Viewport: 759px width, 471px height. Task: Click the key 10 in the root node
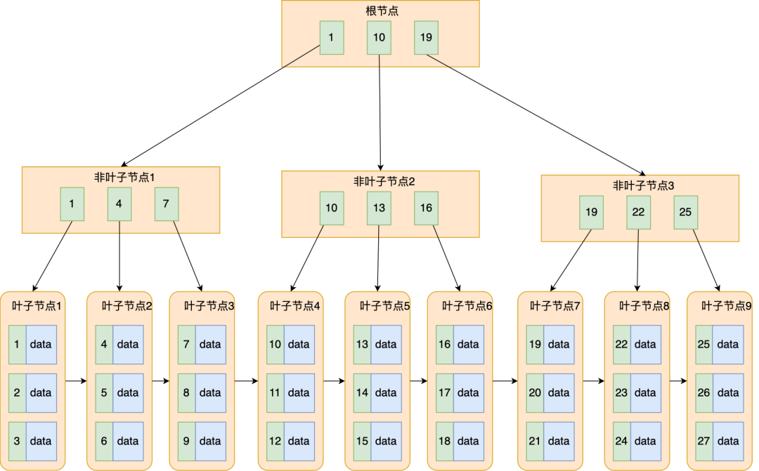point(379,38)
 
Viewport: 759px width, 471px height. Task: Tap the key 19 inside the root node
point(426,38)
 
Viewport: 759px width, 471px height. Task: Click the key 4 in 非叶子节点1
point(119,204)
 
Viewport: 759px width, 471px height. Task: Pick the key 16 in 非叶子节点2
point(426,208)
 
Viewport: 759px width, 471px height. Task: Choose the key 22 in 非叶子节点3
point(638,212)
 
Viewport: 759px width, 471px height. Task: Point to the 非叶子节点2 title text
point(384,181)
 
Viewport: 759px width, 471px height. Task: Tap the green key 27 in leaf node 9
point(703,441)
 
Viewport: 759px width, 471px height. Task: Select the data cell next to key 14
point(386,392)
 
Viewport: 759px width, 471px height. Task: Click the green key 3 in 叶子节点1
point(17,441)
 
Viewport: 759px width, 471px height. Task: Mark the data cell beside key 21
point(559,441)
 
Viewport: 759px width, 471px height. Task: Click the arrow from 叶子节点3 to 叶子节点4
point(246,381)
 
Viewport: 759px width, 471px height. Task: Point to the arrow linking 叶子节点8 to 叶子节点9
point(678,381)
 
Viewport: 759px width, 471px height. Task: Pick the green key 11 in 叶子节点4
point(275,392)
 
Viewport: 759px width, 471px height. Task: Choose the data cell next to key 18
point(468,441)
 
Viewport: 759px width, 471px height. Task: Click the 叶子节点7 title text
point(555,306)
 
